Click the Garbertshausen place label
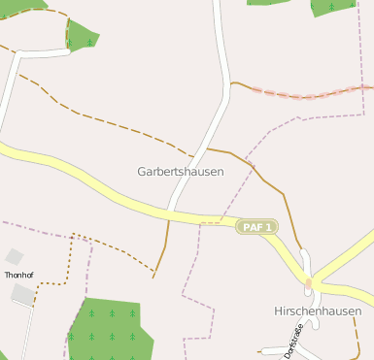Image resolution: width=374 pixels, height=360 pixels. coord(181,171)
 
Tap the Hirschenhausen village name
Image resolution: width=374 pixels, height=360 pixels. coord(318,311)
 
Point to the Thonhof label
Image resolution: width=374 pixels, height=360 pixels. coord(18,276)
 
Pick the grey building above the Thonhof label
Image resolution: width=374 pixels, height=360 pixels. coord(14,256)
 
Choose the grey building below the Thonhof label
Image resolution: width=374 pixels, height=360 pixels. coord(22,294)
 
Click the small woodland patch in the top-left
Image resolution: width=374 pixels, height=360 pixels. coord(82,36)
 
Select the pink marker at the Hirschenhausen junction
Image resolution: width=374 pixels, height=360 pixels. coord(309,283)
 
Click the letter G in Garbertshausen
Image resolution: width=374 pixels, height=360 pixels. coord(142,171)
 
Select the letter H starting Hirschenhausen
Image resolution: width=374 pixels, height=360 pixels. coord(278,311)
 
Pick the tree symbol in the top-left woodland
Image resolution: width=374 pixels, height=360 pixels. coord(90,42)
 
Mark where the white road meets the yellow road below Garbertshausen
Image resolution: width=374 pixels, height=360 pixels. coord(170,210)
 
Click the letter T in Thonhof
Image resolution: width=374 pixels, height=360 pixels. coord(7,276)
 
